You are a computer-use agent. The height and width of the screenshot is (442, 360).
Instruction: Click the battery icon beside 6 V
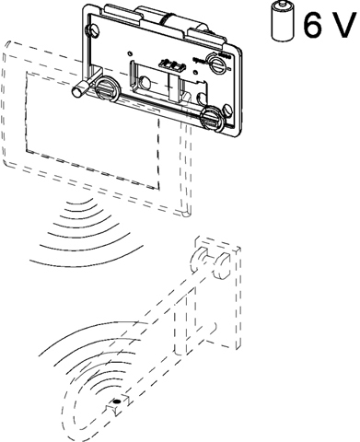coord(283,20)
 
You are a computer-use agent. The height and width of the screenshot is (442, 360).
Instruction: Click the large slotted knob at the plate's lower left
coord(106,88)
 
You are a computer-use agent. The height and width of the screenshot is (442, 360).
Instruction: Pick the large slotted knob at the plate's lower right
coord(212,118)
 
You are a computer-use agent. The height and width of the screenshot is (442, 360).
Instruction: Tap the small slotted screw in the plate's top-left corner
coord(92,30)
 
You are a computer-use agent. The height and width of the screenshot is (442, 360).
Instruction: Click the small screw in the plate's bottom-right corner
coord(227,110)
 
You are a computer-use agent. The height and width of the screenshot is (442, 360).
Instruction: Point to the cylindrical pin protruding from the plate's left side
coord(80,89)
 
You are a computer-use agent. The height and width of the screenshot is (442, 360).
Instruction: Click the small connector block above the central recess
coord(172,64)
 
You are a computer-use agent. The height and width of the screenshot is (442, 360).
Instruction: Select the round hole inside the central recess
coord(145,83)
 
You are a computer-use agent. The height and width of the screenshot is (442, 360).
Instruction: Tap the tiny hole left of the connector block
coord(131,54)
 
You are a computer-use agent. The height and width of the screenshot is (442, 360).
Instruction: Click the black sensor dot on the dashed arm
coord(116,401)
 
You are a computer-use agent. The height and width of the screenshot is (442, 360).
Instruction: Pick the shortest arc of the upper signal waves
coord(80,204)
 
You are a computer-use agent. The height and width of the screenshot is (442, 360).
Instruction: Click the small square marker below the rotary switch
coord(195,73)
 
